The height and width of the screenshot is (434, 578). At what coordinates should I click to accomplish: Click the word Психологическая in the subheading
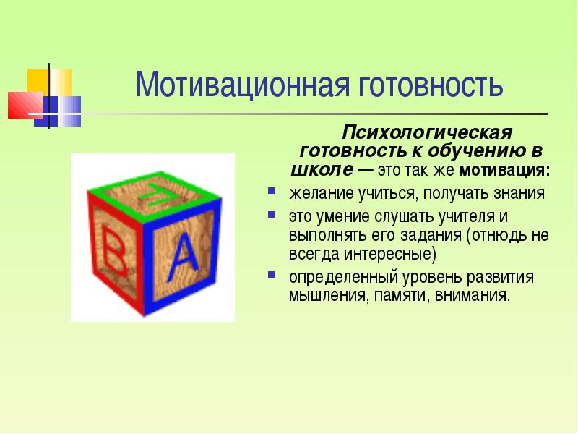[x=426, y=133]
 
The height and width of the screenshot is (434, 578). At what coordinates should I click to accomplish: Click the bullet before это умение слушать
[x=271, y=216]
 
